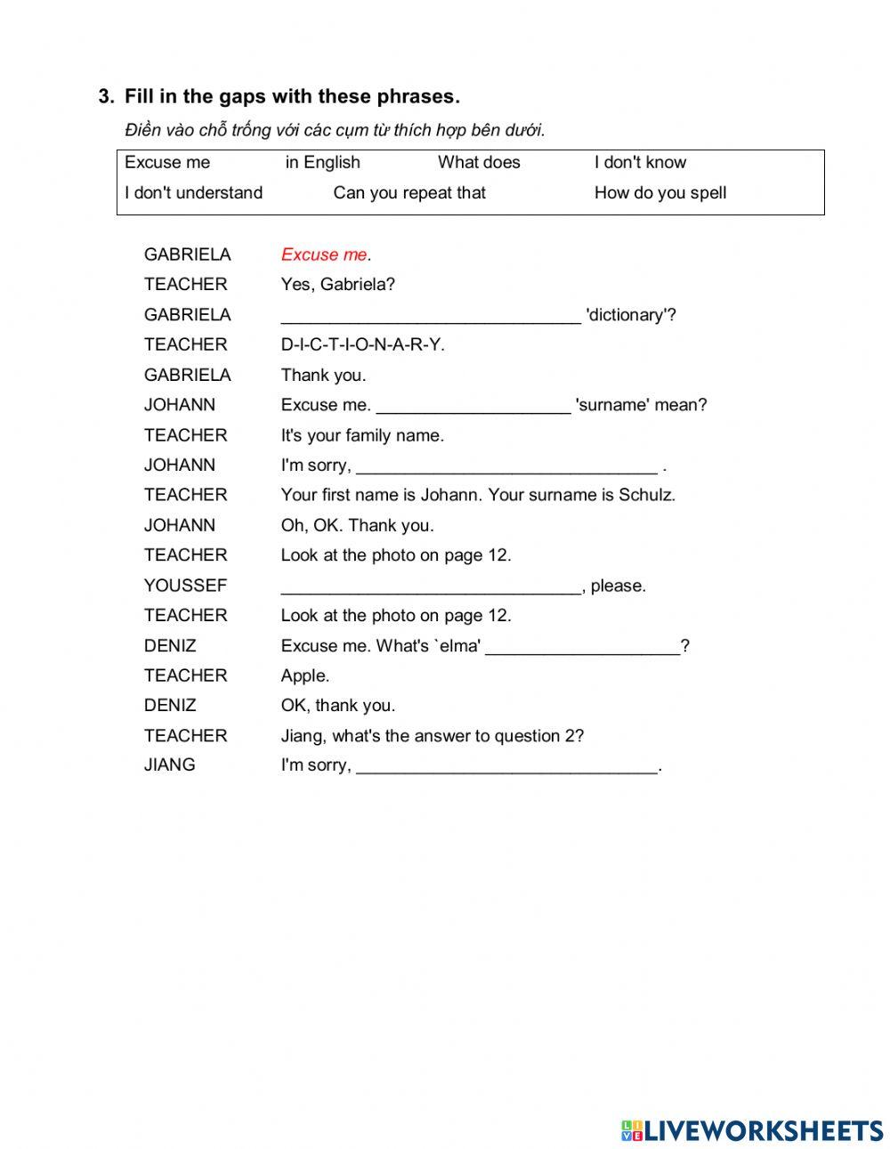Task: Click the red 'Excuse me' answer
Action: [x=324, y=255]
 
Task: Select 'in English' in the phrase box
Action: [x=322, y=162]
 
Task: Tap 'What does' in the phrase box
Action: [x=479, y=162]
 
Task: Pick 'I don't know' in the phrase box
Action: [x=640, y=162]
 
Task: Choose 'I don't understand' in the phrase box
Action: [x=193, y=192]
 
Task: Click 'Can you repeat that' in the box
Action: [x=409, y=192]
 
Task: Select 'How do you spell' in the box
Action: [x=660, y=192]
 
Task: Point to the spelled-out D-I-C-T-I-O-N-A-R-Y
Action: [x=362, y=344]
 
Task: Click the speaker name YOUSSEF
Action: [x=185, y=586]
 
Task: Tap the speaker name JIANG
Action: [x=169, y=765]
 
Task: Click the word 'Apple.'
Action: [x=305, y=676]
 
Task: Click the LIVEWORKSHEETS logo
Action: [x=751, y=1130]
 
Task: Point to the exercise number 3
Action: [x=106, y=96]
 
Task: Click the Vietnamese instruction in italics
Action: [x=335, y=130]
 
